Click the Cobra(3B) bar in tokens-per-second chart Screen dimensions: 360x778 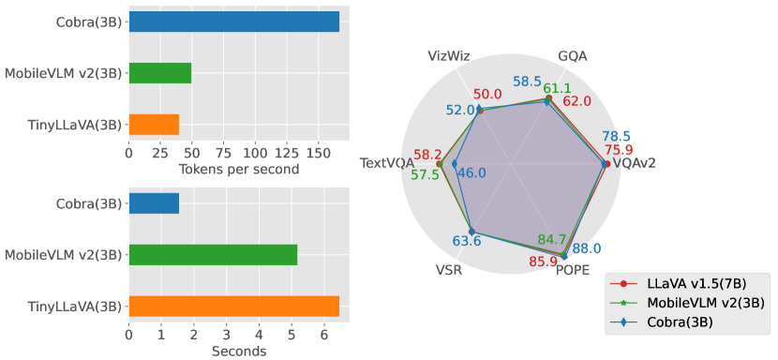[x=233, y=22]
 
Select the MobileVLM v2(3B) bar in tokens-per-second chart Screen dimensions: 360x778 [x=160, y=73]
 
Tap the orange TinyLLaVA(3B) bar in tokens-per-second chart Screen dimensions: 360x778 [x=154, y=125]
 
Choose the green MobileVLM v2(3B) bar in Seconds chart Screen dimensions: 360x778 [x=213, y=254]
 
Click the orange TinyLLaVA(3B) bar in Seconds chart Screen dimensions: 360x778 [x=233, y=306]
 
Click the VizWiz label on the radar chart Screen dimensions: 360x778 [x=448, y=56]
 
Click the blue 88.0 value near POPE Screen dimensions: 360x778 [x=587, y=248]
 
